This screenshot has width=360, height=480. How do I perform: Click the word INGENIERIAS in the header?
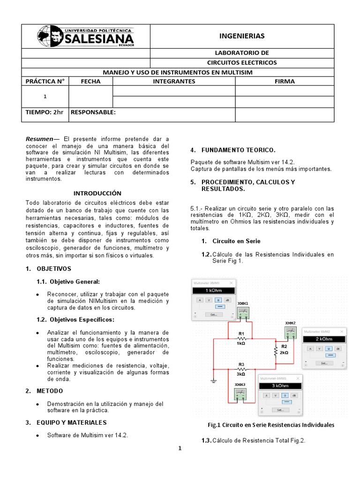(x=242, y=36)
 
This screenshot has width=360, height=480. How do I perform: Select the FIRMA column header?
(x=285, y=81)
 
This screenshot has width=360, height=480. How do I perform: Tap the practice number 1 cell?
(x=45, y=97)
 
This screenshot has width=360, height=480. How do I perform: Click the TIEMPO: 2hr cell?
(x=45, y=112)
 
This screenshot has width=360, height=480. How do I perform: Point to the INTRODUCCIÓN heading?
(x=97, y=193)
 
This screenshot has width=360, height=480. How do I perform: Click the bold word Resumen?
(x=39, y=139)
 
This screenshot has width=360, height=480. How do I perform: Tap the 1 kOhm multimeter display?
(x=214, y=291)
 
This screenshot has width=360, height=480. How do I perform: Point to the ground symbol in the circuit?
(x=214, y=381)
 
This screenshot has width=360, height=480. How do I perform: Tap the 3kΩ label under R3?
(x=241, y=375)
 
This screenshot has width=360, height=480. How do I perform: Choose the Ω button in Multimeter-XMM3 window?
(x=285, y=395)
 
